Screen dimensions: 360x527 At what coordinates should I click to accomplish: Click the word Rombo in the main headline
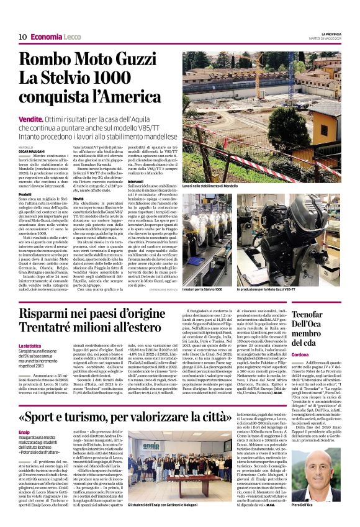[x=48, y=60]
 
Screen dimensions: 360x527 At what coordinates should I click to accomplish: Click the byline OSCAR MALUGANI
[x=32, y=151]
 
